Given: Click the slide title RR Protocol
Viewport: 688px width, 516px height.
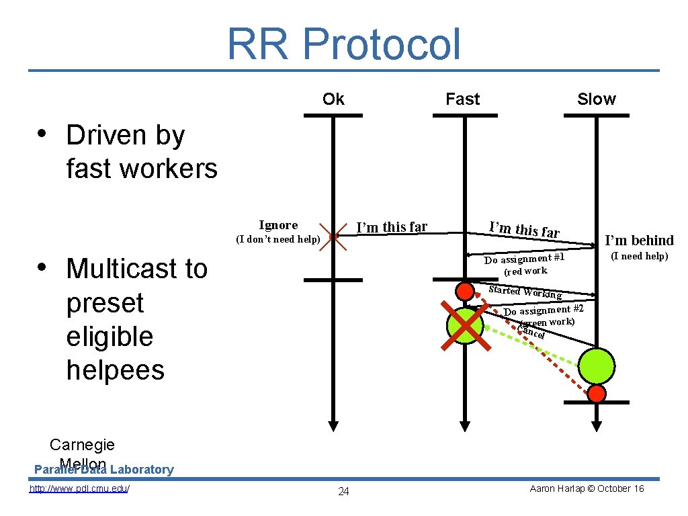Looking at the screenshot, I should click(344, 44).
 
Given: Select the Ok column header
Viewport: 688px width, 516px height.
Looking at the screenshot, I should click(333, 99).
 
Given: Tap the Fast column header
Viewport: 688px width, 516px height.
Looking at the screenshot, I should click(463, 99).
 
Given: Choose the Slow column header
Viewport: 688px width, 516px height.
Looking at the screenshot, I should click(596, 99).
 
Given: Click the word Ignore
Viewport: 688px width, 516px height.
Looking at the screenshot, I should click(278, 225).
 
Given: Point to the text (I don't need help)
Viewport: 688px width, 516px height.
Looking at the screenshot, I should click(277, 239).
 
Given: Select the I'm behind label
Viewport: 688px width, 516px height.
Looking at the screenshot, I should click(639, 241).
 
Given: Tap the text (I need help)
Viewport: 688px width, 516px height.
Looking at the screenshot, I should click(639, 256).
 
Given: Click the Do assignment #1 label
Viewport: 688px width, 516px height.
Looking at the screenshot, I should click(525, 259).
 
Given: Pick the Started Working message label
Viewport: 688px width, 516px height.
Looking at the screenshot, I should click(525, 292).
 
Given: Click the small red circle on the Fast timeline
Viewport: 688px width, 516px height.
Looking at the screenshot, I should click(464, 292).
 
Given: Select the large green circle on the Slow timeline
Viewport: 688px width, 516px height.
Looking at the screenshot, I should click(597, 365).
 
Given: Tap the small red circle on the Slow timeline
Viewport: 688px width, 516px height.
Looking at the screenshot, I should click(597, 393).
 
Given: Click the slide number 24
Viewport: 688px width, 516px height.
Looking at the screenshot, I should click(343, 491).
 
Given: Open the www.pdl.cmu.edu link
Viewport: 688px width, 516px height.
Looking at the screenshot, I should click(79, 488).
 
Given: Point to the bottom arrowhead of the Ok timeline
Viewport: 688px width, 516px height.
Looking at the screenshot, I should click(333, 426).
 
